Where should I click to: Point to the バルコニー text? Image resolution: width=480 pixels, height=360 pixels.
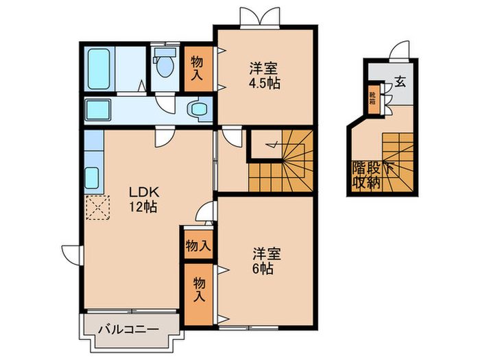pos(128,330)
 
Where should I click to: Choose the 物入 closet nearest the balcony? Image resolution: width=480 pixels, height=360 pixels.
pos(198,289)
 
